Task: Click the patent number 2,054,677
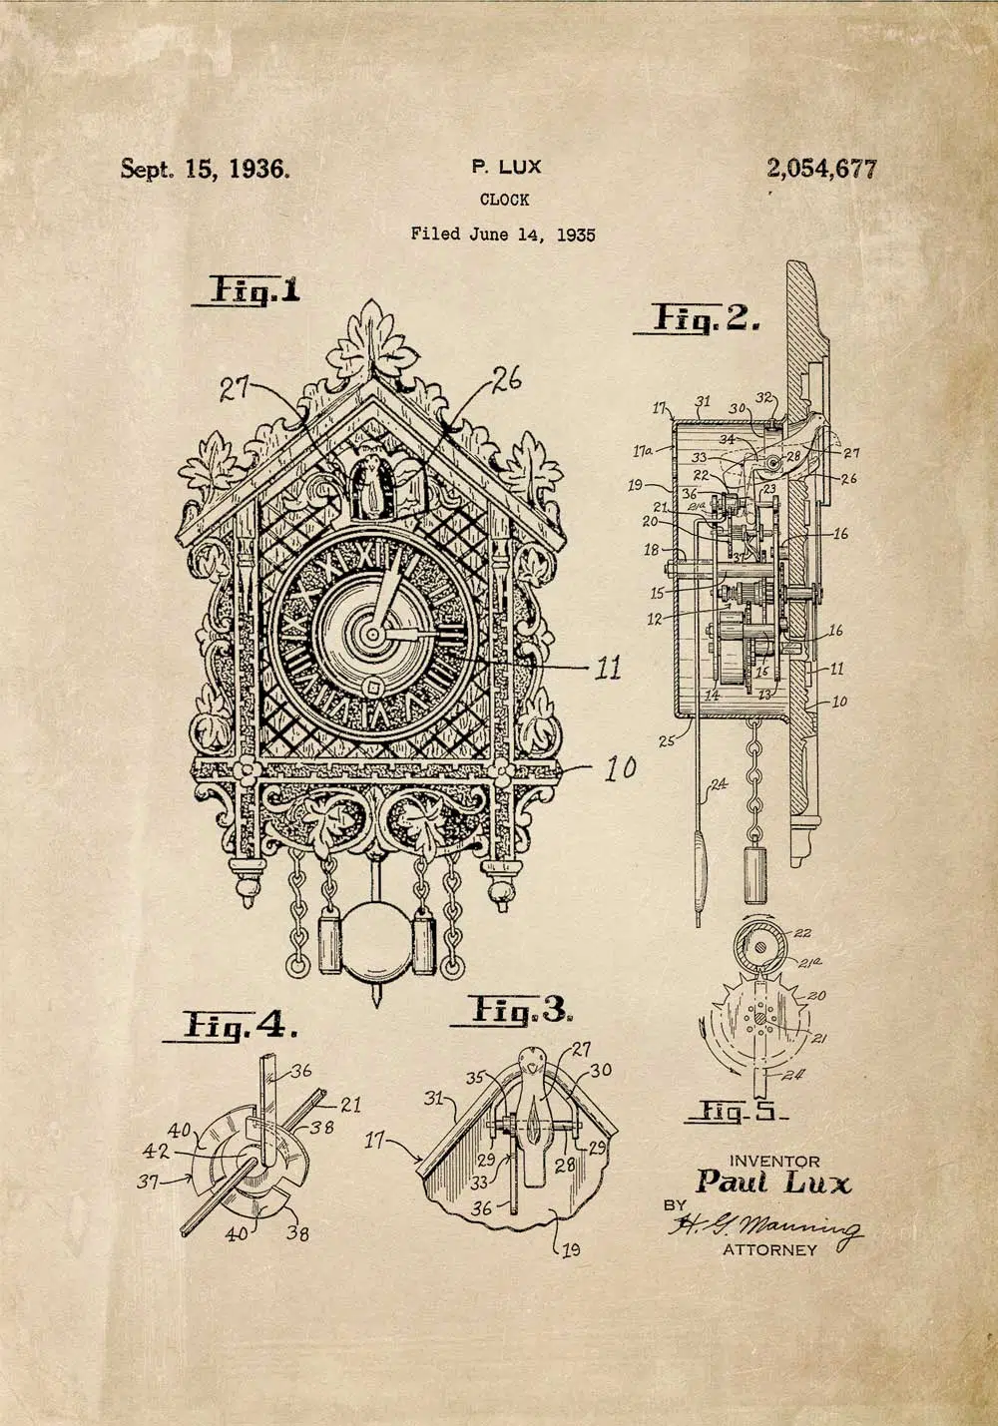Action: click(821, 170)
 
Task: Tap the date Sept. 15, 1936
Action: click(206, 169)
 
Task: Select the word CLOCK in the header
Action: click(504, 200)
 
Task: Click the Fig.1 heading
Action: click(253, 290)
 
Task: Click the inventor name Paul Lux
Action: click(773, 1184)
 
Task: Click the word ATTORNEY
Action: click(769, 1250)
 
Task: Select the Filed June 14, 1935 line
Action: click(503, 235)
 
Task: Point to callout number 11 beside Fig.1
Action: click(608, 667)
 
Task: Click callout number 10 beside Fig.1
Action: click(620, 768)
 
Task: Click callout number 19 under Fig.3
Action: click(571, 1248)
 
